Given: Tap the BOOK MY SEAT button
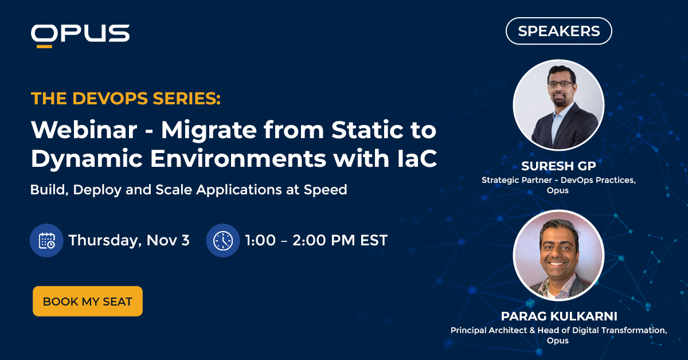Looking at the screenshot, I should point(88,302).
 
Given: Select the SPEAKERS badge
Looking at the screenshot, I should point(558,31).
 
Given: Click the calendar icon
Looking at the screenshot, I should point(46,240).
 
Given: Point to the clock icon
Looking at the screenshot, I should point(222,240).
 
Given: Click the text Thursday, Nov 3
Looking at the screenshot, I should point(129,240).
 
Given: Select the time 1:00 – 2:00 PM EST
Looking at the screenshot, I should point(316,240).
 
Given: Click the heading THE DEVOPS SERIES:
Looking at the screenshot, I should point(126,99).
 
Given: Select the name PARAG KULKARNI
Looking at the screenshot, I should point(558,316).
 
